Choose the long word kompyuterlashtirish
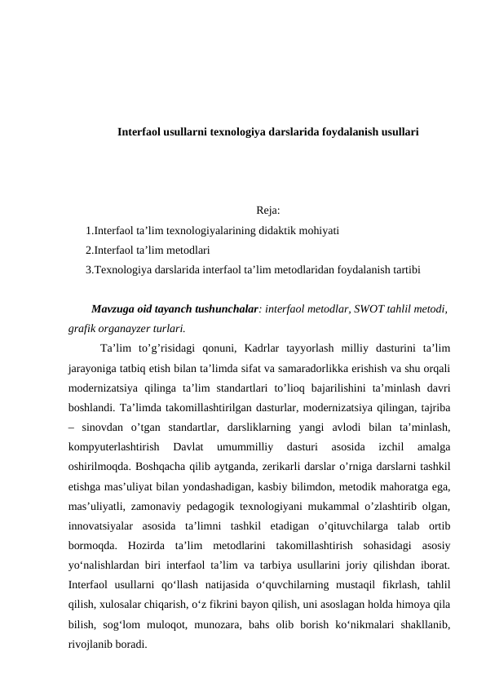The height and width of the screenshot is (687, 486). click(113, 446)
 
